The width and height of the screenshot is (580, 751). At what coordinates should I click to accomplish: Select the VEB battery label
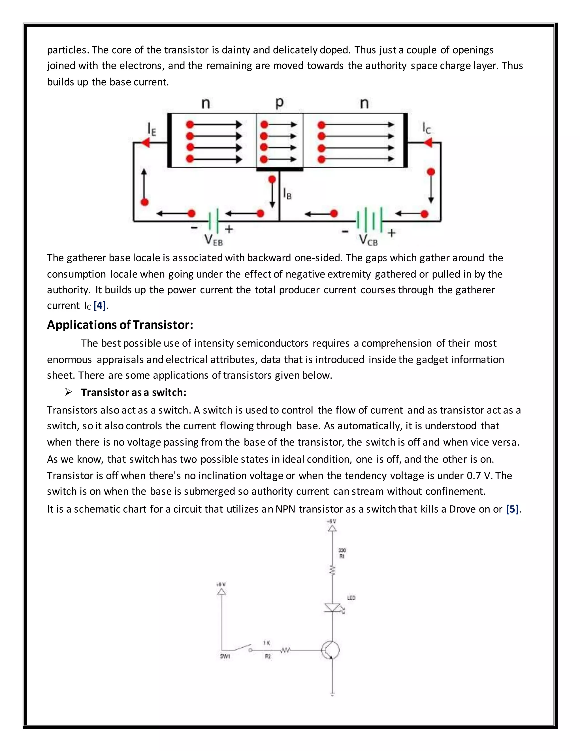(213, 240)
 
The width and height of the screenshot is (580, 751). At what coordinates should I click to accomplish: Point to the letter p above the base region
(279, 103)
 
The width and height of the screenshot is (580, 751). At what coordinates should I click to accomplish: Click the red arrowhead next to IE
(145, 142)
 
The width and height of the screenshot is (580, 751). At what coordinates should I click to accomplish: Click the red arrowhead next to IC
(428, 142)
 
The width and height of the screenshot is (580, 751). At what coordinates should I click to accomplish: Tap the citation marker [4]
(100, 305)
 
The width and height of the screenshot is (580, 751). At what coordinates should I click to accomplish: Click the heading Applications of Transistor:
(120, 324)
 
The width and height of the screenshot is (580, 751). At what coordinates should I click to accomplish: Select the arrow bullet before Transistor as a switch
(68, 392)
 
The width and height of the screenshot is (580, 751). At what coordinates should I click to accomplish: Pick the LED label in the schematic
(351, 598)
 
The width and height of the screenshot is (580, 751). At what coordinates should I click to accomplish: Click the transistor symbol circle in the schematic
(330, 650)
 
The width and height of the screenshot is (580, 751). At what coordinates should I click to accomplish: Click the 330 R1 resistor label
(342, 553)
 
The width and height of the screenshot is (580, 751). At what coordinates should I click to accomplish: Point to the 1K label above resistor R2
(266, 643)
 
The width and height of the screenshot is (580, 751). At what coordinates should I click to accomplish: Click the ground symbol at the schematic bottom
(332, 694)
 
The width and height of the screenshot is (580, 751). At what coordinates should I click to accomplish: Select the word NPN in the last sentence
(285, 509)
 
